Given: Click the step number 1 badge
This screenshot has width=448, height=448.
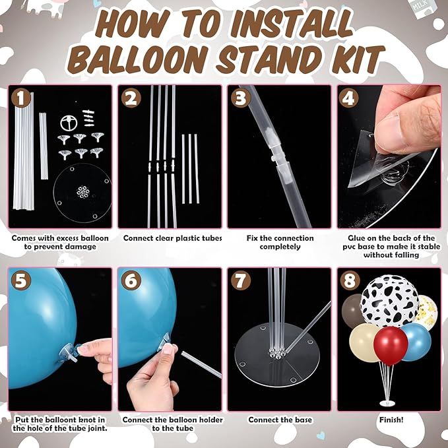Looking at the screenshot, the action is [x=21, y=98].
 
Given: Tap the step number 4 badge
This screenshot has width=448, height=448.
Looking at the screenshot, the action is [x=348, y=98].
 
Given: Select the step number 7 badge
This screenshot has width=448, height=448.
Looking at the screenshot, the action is [x=241, y=280].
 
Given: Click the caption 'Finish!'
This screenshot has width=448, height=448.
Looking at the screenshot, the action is [x=391, y=420].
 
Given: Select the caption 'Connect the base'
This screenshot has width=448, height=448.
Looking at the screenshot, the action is [x=280, y=420].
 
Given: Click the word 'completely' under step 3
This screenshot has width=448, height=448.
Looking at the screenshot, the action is [x=280, y=247].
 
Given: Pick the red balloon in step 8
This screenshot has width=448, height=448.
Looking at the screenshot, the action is [x=391, y=346].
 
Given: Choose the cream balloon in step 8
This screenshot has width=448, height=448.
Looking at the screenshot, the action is [x=363, y=343].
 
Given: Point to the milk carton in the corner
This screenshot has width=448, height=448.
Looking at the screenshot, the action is [x=422, y=8].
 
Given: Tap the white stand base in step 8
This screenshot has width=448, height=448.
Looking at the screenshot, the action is [x=387, y=403].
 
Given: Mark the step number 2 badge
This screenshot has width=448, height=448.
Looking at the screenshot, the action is [x=131, y=98].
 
